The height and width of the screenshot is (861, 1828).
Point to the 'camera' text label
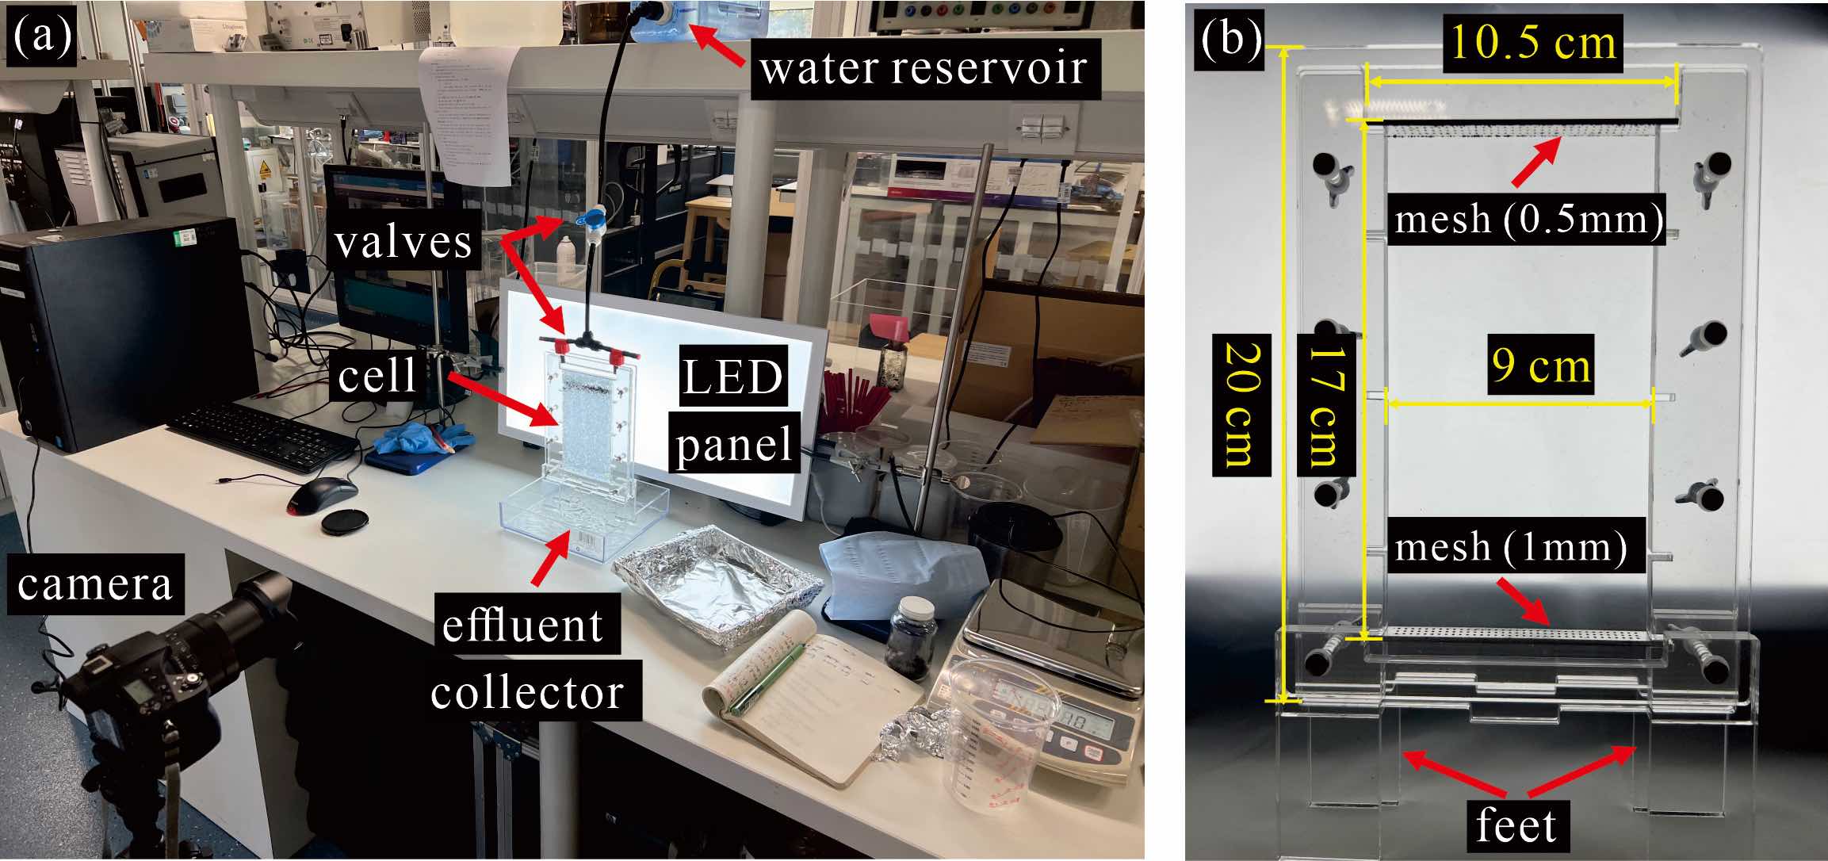[x=94, y=584]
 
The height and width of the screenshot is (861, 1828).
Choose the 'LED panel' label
[x=733, y=411]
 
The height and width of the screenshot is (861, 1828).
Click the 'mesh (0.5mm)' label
[x=1528, y=218]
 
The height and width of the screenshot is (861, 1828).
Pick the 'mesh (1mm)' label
[x=1511, y=545]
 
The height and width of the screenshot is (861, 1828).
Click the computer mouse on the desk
[x=320, y=495]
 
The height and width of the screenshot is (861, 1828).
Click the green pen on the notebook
[x=764, y=682]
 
